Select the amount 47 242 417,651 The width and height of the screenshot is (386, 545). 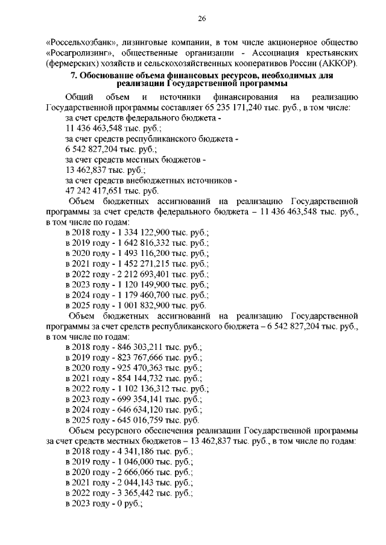pyautogui.click(x=96, y=190)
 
